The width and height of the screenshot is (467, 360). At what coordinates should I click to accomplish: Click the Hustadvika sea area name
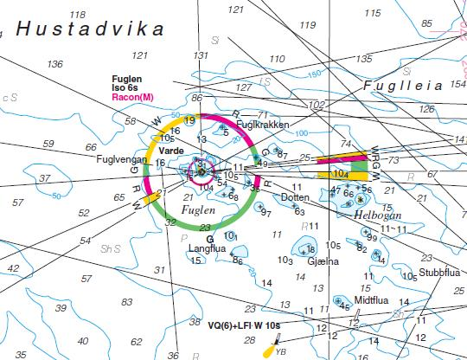click(89, 29)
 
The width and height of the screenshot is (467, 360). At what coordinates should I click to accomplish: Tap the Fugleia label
click(403, 86)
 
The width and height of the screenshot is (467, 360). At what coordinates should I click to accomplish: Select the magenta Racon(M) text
click(132, 98)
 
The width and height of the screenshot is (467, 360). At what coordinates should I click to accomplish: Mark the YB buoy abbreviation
click(280, 351)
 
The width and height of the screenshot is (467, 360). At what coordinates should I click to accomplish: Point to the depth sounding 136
click(55, 64)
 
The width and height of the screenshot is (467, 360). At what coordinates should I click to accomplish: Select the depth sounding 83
click(126, 301)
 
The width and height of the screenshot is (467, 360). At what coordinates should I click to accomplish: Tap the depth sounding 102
click(317, 105)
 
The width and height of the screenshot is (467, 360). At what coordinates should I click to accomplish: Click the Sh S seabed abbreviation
click(111, 248)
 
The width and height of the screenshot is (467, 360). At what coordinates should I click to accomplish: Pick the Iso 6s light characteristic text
click(125, 88)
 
